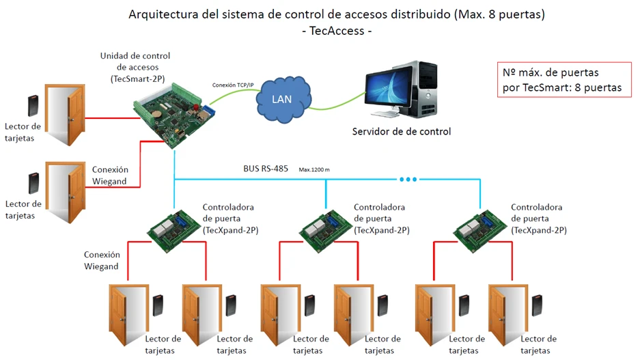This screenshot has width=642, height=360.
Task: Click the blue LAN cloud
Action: point(281,100)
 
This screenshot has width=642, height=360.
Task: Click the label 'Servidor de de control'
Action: point(401,131)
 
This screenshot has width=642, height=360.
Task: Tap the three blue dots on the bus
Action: point(408,180)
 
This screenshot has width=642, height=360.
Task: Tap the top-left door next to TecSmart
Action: point(66,114)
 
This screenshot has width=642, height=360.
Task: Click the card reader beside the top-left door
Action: point(32,106)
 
